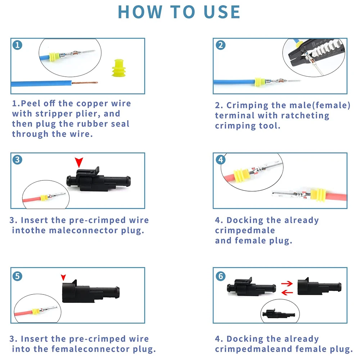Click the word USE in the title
(222, 12)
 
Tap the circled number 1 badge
(17, 45)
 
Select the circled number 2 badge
(220, 45)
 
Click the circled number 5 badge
(17, 276)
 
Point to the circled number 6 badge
(220, 276)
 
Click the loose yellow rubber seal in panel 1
(119, 68)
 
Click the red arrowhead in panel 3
(79, 162)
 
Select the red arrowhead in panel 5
(63, 277)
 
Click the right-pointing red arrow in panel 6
(287, 284)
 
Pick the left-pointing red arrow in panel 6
(287, 292)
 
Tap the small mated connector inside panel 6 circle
(279, 314)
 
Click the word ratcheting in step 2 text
(305, 116)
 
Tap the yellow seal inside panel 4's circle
(242, 176)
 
